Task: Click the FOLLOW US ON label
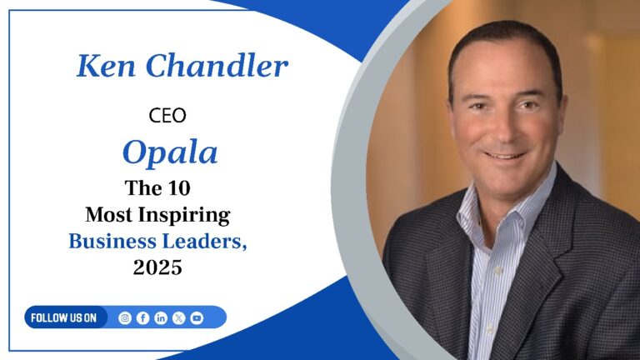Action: pos(64,317)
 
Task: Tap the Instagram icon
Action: pos(125,317)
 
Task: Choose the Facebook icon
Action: pos(142,317)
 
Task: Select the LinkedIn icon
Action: pos(161,317)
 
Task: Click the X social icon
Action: pos(178,317)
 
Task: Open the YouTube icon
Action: pos(197,317)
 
